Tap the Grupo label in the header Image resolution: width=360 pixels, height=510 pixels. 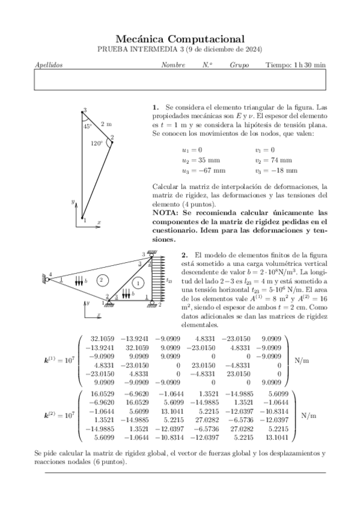click(239, 64)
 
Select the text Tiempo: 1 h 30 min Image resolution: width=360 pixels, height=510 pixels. click(295, 64)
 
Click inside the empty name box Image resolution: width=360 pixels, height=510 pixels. click(180, 79)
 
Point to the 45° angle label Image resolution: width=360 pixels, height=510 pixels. click(88, 126)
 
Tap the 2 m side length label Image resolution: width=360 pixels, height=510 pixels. click(106, 124)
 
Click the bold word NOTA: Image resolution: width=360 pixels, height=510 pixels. click(165, 213)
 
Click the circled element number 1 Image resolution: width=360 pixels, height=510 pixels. click(138, 283)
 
